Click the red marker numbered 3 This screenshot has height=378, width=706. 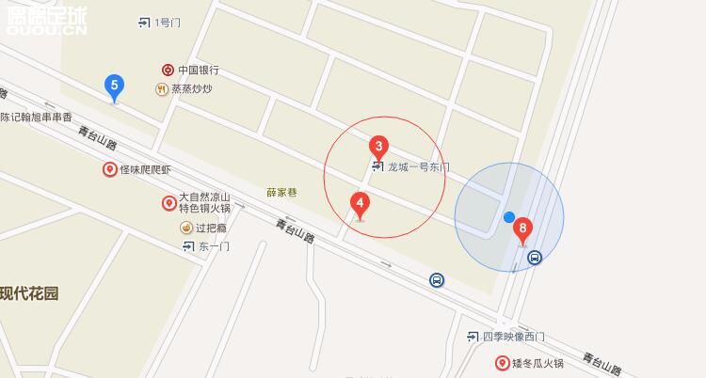(x=378, y=147)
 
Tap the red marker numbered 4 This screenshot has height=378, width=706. (x=359, y=202)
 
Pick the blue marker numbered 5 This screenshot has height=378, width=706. (x=115, y=87)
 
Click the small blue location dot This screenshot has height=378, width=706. (x=509, y=217)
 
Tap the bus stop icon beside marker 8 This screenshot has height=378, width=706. (x=535, y=258)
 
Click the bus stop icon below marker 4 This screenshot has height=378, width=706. (x=437, y=279)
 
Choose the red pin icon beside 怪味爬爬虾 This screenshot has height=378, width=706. (x=109, y=169)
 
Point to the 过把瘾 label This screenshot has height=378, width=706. (x=213, y=228)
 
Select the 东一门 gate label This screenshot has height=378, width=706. (x=213, y=246)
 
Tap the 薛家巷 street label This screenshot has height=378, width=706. (x=281, y=192)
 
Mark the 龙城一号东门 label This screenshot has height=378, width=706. (x=418, y=167)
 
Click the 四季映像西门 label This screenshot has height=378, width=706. (x=512, y=337)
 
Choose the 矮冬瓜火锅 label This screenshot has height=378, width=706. (x=537, y=363)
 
